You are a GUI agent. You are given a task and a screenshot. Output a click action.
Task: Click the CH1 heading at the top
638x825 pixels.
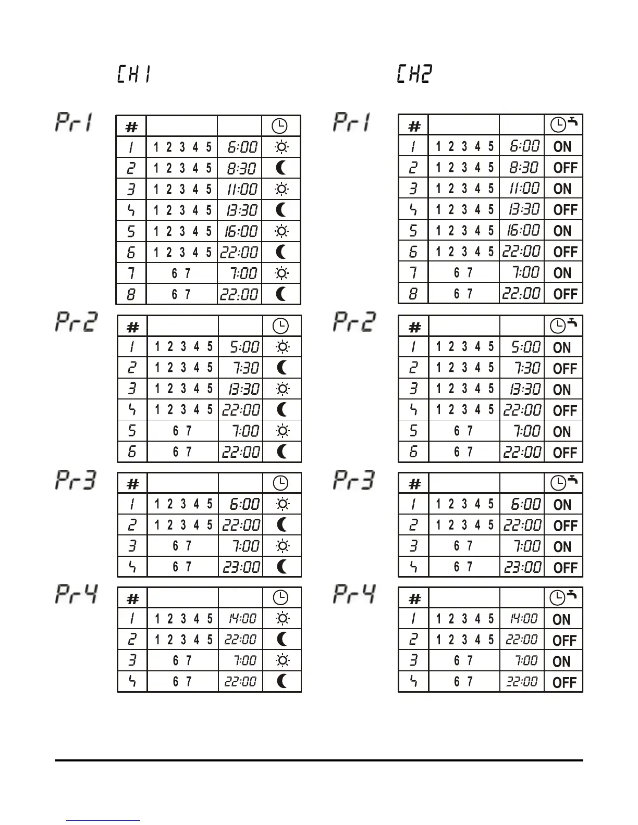point(133,74)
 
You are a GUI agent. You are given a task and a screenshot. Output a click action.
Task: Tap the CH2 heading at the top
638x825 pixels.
point(414,74)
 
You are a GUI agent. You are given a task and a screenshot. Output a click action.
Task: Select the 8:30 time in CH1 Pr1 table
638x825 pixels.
point(241,168)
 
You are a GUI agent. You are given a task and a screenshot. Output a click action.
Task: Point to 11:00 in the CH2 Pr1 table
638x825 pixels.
point(524,188)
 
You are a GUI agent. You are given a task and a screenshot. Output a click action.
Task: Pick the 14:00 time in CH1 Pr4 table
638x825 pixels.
point(242,619)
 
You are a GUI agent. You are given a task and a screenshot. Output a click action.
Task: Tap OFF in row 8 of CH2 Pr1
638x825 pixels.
point(565,294)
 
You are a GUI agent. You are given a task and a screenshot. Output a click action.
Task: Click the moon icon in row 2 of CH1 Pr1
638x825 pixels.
point(281,168)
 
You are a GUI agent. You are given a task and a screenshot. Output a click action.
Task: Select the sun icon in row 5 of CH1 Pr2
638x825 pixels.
point(282,431)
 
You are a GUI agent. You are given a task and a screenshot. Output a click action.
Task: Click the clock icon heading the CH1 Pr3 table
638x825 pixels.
point(280,483)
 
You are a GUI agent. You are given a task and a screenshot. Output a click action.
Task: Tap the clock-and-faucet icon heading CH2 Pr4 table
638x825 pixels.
point(563,597)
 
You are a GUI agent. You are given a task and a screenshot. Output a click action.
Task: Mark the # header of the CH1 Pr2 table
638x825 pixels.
point(133,327)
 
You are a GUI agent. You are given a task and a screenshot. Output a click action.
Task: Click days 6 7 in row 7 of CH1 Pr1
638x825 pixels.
point(181,273)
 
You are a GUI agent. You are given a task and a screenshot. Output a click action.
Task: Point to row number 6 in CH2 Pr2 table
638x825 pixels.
point(413,452)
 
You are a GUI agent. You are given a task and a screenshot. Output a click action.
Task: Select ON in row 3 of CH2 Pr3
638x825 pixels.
point(562,546)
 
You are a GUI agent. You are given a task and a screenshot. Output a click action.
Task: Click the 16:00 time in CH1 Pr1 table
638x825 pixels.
point(241,231)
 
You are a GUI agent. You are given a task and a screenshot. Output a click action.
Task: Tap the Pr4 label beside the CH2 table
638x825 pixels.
point(354,594)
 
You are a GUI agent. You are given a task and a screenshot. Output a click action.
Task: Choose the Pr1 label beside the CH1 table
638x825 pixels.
point(74,122)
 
